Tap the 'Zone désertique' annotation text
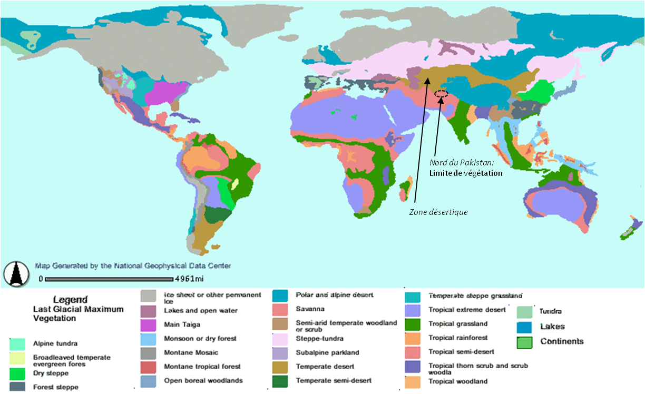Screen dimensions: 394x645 (438, 212)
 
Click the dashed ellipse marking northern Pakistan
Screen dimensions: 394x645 (441, 94)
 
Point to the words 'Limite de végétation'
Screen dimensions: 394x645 (465, 173)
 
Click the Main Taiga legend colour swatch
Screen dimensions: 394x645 (148, 324)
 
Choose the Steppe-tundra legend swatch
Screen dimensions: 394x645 (280, 338)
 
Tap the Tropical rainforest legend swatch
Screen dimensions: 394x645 (413, 338)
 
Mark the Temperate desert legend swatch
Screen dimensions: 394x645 (280, 367)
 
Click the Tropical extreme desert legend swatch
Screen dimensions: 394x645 (413, 310)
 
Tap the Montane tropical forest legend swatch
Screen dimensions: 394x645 (148, 367)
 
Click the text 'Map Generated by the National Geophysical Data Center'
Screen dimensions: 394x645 (132, 266)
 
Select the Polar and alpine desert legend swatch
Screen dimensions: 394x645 (280, 295)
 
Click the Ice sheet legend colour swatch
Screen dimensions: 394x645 (148, 297)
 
